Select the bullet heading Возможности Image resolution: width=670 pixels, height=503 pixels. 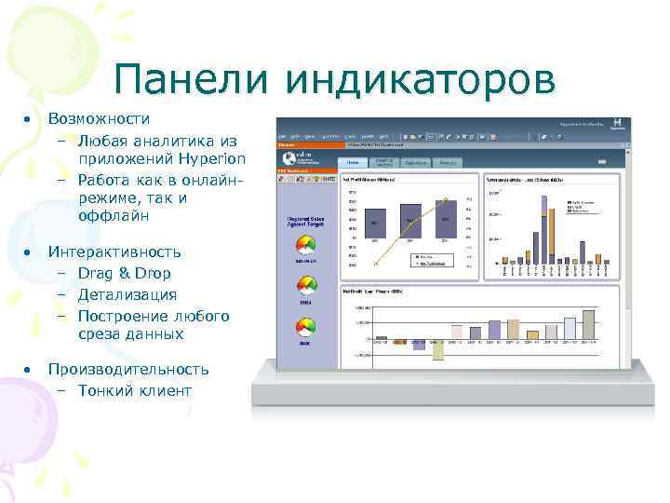click(x=100, y=119)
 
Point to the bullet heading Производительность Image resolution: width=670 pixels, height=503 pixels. click(x=128, y=369)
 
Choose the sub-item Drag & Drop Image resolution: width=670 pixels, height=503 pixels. click(x=124, y=274)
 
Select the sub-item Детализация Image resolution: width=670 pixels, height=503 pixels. click(x=127, y=294)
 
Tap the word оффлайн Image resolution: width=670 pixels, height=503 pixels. click(x=114, y=216)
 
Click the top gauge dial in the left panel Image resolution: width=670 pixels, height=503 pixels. click(x=305, y=246)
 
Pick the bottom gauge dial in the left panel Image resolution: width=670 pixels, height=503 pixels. click(x=305, y=328)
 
